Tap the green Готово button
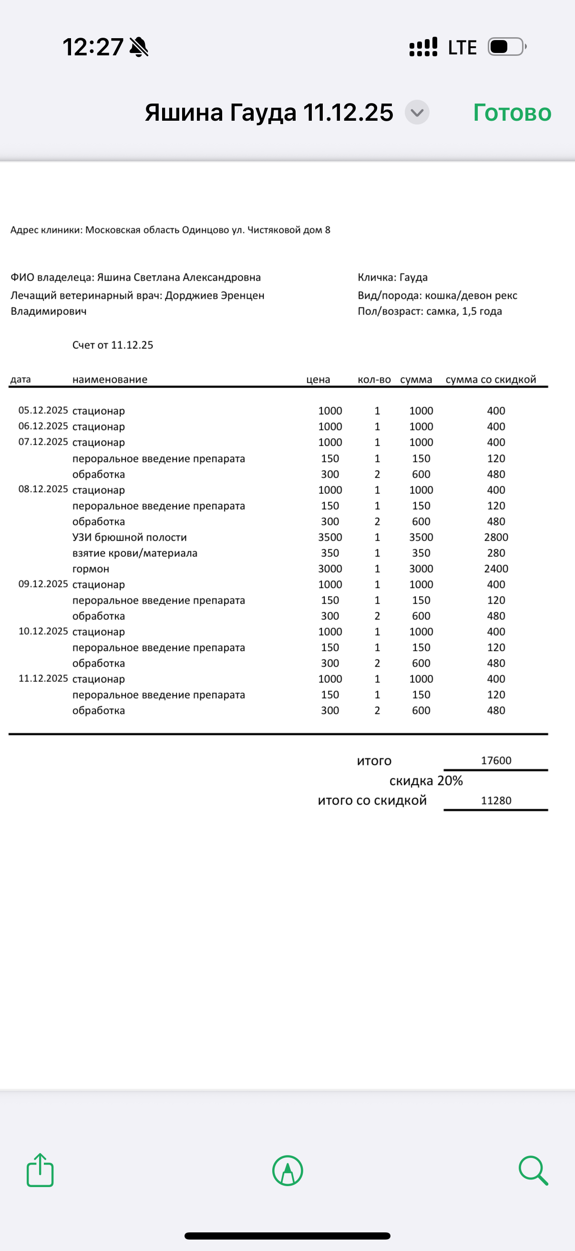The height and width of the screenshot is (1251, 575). [x=512, y=113]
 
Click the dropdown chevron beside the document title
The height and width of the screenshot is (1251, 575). [x=417, y=113]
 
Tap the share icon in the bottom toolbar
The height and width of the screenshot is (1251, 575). [x=40, y=1170]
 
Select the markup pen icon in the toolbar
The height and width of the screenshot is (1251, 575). [x=288, y=1170]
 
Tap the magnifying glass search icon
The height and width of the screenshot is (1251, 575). [x=533, y=1170]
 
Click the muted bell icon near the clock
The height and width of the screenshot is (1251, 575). [x=139, y=47]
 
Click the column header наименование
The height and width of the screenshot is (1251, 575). [x=110, y=380]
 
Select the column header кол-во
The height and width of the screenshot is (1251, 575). [x=374, y=380]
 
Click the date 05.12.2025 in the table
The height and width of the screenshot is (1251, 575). [x=43, y=410]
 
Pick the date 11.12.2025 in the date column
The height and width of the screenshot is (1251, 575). [x=43, y=678]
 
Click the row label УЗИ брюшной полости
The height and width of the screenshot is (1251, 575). [x=130, y=538]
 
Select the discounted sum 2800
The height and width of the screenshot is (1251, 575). [x=496, y=538]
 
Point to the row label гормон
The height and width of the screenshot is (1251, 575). [x=91, y=569]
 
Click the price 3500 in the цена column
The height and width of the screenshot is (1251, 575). [x=330, y=538]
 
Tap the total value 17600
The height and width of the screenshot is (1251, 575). [x=496, y=761]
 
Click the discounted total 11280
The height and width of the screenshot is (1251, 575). [x=496, y=800]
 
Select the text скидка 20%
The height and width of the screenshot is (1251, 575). [x=426, y=781]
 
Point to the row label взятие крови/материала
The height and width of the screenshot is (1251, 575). [x=135, y=553]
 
